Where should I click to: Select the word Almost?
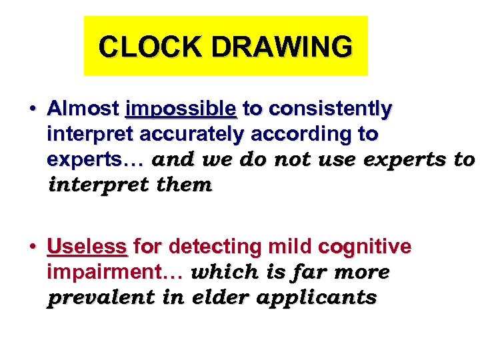(83, 108)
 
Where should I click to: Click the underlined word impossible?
(180, 108)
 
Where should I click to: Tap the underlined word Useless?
(87, 247)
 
